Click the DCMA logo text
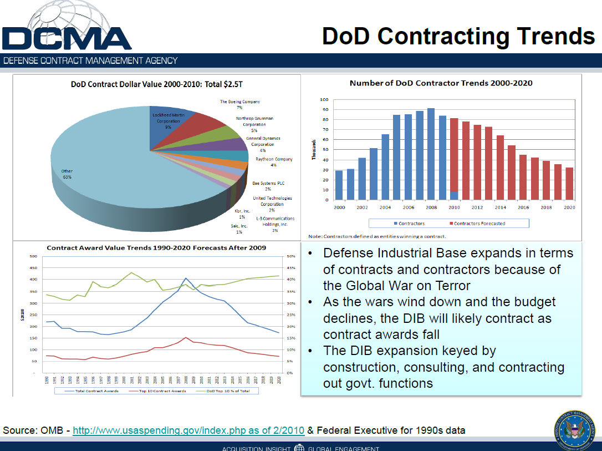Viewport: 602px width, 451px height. (x=67, y=38)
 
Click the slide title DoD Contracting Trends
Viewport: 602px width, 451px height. (x=458, y=36)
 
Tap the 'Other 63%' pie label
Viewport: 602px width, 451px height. (x=67, y=174)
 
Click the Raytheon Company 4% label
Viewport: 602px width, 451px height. (x=274, y=162)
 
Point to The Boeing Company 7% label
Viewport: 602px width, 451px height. (x=240, y=104)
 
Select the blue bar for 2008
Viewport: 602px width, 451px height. (x=431, y=154)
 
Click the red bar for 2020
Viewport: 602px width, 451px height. (x=569, y=184)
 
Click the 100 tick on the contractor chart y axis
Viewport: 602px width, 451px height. (x=324, y=100)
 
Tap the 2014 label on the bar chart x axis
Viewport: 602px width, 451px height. (x=501, y=207)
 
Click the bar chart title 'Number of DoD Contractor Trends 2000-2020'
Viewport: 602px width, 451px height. (x=441, y=83)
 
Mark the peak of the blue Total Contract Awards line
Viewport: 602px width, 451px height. (x=186, y=278)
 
